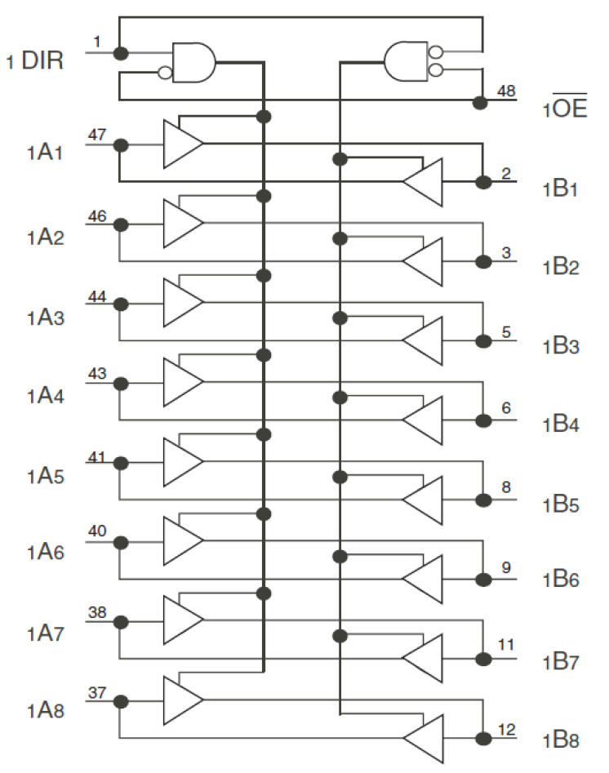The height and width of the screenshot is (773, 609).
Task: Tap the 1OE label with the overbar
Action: click(x=564, y=109)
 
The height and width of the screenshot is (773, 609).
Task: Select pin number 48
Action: click(x=506, y=91)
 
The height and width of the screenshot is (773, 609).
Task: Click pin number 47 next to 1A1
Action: click(x=96, y=135)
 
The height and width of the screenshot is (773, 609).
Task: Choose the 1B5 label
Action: click(x=562, y=504)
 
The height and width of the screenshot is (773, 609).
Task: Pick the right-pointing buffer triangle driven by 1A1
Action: click(x=182, y=144)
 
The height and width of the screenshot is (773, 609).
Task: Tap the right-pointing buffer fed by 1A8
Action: click(x=182, y=700)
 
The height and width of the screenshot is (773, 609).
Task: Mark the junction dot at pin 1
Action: click(x=121, y=53)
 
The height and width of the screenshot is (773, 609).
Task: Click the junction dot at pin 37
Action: click(x=121, y=700)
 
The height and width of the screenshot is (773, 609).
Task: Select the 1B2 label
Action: click(x=562, y=267)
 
